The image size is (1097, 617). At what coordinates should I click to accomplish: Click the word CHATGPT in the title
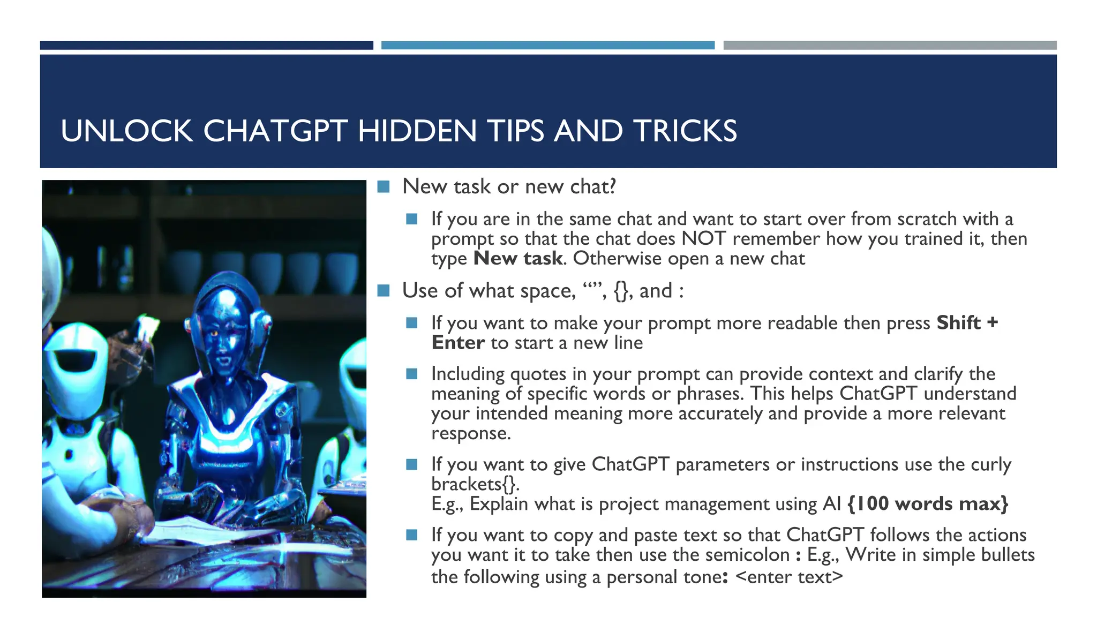click(275, 131)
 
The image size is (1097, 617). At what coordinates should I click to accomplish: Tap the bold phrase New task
click(518, 259)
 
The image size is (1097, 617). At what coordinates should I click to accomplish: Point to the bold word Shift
click(958, 323)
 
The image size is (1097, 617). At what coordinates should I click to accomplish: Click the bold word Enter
click(458, 343)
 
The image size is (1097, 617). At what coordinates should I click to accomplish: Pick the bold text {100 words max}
click(928, 504)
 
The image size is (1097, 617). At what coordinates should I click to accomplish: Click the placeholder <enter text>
click(789, 577)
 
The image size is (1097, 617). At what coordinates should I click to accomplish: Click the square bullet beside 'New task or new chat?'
click(383, 187)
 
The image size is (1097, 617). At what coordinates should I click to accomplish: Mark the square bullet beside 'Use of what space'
click(383, 291)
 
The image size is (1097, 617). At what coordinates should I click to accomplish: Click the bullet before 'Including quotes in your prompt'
click(411, 374)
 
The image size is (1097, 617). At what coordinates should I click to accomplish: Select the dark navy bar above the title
click(206, 46)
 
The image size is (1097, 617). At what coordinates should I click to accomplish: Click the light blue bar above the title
click(547, 46)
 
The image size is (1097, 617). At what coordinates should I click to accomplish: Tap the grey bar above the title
click(890, 46)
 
